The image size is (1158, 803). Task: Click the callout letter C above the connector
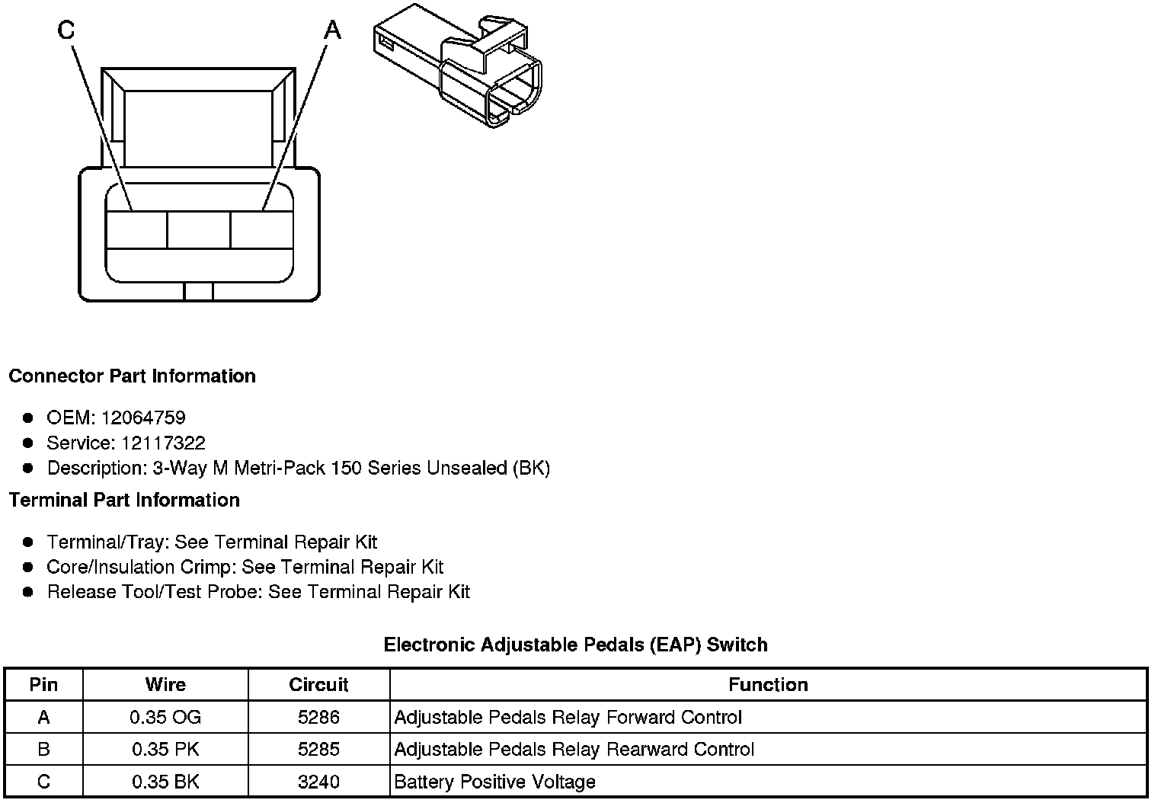pos(66,30)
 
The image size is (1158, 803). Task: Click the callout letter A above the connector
pos(333,30)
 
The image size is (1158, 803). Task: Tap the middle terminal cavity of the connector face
pos(198,229)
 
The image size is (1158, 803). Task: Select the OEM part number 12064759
pos(142,417)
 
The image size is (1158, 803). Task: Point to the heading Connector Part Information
pos(132,376)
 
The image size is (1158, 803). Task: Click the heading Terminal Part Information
pos(124,500)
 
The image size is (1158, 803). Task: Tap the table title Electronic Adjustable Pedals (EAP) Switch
pos(575,645)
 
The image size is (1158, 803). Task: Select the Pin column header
pos(43,684)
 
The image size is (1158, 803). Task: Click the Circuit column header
pos(318,684)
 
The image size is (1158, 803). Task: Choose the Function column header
pos(768,684)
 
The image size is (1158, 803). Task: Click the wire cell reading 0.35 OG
pos(165,717)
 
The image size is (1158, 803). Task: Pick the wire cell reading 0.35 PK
pos(165,749)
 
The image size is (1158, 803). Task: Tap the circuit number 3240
pos(318,782)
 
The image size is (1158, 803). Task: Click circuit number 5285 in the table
pos(318,749)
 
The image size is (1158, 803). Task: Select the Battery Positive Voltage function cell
pos(494,782)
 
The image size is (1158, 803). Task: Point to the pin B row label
pos(43,749)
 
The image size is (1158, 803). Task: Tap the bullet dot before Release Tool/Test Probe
pos(28,592)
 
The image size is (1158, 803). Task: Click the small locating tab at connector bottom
pos(199,291)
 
